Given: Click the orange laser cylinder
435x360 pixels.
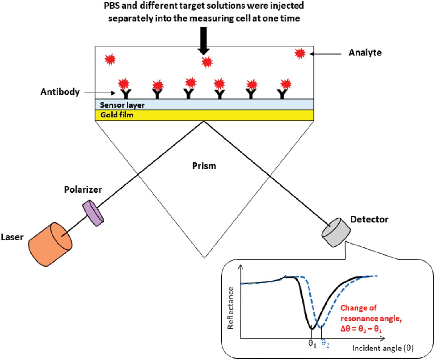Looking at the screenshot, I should (50, 244).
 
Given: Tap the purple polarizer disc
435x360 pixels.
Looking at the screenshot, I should (93, 213).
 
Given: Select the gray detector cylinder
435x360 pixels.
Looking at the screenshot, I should (336, 232).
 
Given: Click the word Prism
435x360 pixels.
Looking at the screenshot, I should (204, 166).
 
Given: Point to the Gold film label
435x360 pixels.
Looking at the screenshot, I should (117, 115).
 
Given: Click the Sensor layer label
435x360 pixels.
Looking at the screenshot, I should (122, 105).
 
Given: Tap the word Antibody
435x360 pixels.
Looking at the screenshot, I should (60, 92).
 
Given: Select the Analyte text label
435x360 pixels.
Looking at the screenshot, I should (365, 53).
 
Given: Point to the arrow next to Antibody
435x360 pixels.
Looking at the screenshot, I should (100, 93).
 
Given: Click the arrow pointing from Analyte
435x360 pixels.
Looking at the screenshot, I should (325, 54).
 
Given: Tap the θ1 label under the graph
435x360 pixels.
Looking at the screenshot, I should (312, 344).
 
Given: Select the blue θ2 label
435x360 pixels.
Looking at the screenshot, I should (325, 344).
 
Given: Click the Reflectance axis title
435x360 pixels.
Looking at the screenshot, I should (231, 308).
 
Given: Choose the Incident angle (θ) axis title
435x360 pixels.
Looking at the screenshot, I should (383, 348).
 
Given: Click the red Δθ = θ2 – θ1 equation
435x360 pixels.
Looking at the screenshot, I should (361, 329).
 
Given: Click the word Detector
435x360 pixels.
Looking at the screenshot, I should (369, 219).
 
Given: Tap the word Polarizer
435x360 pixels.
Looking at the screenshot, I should (83, 189).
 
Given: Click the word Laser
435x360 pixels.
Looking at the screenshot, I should (12, 237).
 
